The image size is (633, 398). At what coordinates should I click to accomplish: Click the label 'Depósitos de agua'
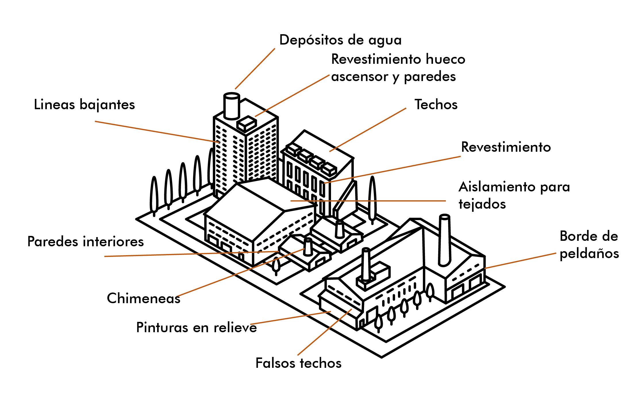(340, 40)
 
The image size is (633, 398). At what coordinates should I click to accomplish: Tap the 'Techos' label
(436, 105)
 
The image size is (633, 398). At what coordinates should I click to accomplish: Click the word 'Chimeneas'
(143, 298)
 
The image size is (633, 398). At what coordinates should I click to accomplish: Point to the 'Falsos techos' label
(298, 363)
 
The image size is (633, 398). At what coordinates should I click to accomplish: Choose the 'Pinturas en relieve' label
(196, 328)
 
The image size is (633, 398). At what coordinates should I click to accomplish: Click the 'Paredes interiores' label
(85, 242)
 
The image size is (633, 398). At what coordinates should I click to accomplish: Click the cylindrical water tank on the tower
(232, 106)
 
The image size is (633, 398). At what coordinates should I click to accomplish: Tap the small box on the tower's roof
(246, 124)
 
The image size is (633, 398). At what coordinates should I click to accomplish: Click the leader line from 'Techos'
(368, 130)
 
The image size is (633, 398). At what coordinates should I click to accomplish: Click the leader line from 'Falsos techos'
(325, 332)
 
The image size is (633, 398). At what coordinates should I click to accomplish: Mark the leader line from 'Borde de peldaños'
(520, 261)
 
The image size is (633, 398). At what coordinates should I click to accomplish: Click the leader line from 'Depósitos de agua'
(255, 69)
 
